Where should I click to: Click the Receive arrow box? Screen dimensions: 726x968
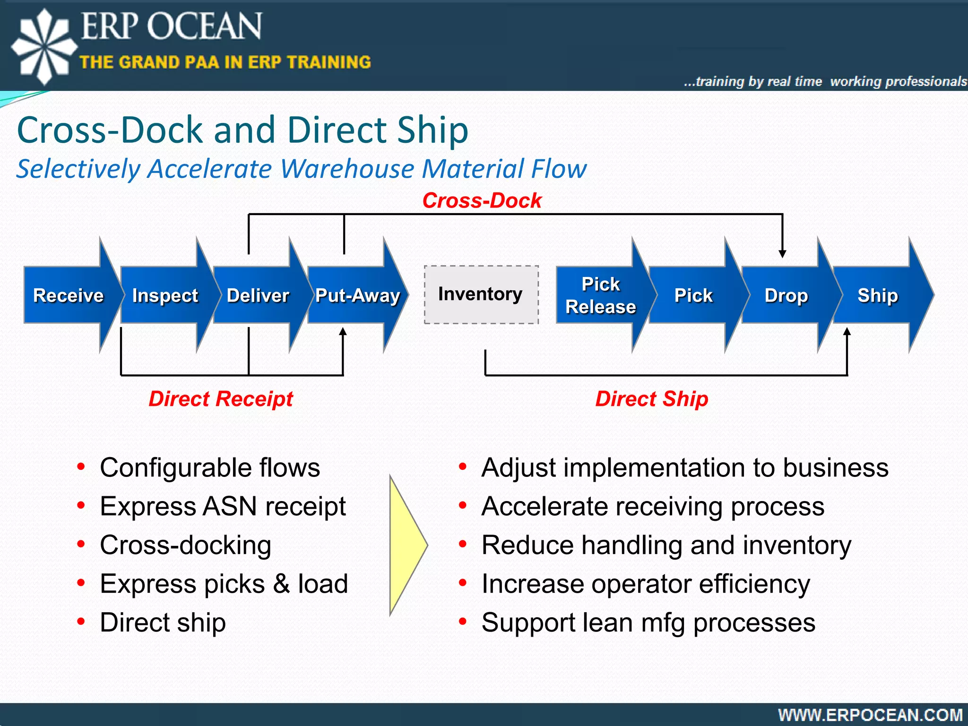69,295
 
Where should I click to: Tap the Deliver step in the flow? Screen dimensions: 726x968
258,295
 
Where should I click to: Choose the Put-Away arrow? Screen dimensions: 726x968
357,295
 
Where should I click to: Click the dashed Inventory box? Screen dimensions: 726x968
481,294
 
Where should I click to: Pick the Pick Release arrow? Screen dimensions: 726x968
601,295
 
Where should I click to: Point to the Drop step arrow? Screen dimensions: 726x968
786,295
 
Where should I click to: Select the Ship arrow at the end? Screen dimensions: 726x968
878,295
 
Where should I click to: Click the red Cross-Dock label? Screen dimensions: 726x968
482,200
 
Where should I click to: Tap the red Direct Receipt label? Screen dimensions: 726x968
221,398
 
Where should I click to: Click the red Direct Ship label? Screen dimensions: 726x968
651,398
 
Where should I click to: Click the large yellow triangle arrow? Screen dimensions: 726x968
406,545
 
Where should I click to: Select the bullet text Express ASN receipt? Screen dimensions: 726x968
223,506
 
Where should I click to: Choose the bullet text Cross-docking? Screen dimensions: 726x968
185,545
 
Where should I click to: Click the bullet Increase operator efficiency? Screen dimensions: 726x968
646,584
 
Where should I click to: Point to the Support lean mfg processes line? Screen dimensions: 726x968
648,622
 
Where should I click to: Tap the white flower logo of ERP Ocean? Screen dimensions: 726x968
43,46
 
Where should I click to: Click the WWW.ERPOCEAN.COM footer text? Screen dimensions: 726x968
870,715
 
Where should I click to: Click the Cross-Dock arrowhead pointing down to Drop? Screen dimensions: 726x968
782,253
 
